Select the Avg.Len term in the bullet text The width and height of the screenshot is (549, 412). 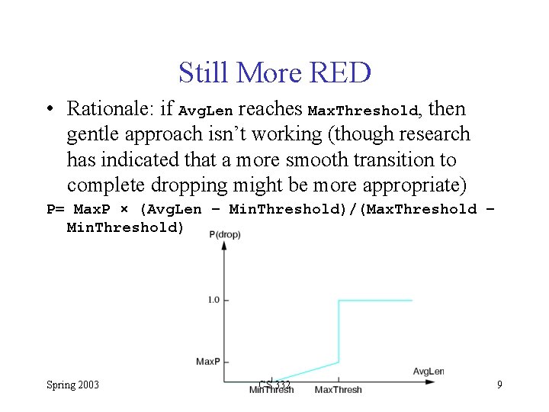point(205,110)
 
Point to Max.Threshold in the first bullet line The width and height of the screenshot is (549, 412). point(363,110)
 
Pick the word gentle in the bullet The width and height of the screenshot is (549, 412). point(90,134)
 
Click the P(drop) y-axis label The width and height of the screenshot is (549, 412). point(224,234)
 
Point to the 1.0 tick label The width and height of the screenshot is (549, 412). point(213,300)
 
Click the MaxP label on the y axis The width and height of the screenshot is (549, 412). point(207,361)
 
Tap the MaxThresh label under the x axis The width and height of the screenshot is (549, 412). point(338,390)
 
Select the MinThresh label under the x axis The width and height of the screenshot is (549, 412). point(271,390)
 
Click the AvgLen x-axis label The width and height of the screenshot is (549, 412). point(428,372)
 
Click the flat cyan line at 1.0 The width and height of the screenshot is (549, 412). point(375,301)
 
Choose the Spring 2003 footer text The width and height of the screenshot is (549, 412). point(72,385)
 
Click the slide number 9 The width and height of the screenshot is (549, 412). point(499,385)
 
